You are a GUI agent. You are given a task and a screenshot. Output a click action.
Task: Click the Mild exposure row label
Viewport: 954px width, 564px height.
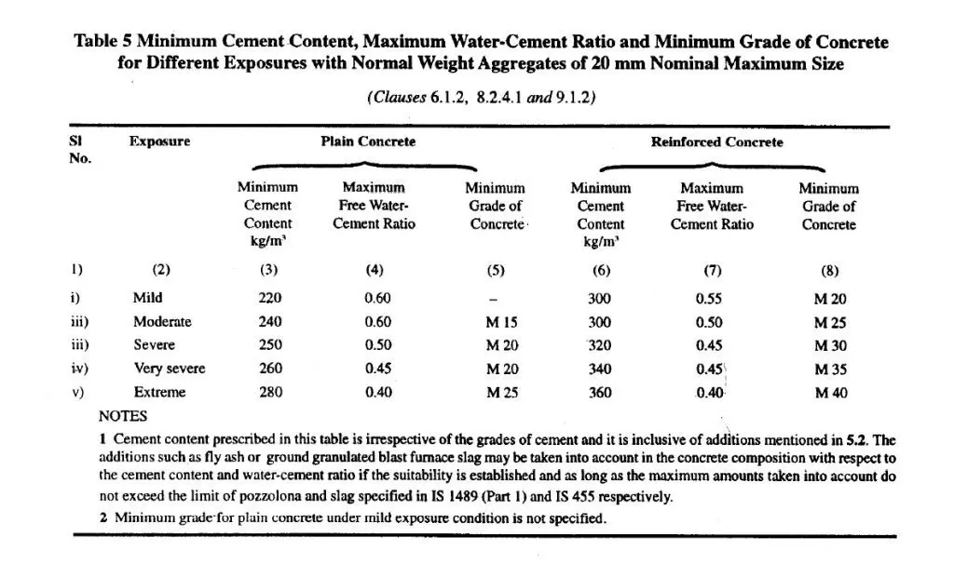(x=147, y=299)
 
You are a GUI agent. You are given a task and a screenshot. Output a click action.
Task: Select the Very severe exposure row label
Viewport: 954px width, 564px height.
(x=169, y=369)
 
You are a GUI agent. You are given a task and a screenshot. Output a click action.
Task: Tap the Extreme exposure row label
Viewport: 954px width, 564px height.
(x=159, y=392)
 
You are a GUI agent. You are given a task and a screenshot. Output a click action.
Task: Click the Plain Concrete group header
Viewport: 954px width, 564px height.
(x=368, y=142)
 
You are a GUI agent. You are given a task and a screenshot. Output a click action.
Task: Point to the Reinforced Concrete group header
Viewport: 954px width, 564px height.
(x=716, y=142)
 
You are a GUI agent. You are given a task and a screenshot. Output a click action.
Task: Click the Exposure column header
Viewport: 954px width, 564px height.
(x=159, y=142)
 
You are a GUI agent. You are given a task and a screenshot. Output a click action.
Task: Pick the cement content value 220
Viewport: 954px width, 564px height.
(x=270, y=299)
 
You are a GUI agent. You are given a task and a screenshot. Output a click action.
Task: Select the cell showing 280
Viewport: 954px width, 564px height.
(x=270, y=392)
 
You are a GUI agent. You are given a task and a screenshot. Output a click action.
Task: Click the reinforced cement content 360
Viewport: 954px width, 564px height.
(x=600, y=392)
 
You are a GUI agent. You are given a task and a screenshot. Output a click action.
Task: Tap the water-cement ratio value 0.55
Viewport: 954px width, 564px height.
(x=709, y=299)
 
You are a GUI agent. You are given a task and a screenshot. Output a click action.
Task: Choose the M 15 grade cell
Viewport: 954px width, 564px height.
(x=502, y=322)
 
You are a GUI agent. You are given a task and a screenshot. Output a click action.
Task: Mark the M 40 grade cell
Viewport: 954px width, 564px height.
(x=830, y=392)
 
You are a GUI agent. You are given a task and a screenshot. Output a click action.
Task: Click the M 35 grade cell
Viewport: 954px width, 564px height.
(x=830, y=369)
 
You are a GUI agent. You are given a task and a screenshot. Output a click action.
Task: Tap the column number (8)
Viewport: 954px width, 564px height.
(x=829, y=271)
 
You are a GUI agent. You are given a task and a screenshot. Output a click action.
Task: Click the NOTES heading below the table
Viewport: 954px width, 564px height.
(x=123, y=416)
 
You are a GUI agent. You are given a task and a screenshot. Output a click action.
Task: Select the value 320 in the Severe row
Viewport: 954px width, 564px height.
(x=600, y=345)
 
